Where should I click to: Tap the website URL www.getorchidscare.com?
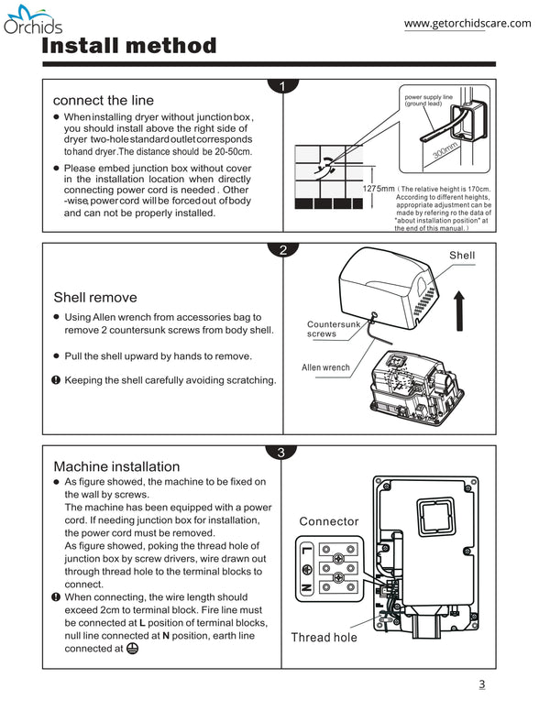(467, 24)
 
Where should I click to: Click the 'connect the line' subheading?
(104, 100)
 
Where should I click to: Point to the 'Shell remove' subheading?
(95, 297)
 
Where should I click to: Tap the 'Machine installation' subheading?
(116, 466)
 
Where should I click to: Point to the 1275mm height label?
(379, 188)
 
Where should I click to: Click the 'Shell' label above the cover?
(462, 255)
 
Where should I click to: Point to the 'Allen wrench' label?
(325, 367)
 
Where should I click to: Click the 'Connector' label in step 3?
(329, 521)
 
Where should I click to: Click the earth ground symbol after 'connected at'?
(132, 648)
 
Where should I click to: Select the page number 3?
(481, 684)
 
